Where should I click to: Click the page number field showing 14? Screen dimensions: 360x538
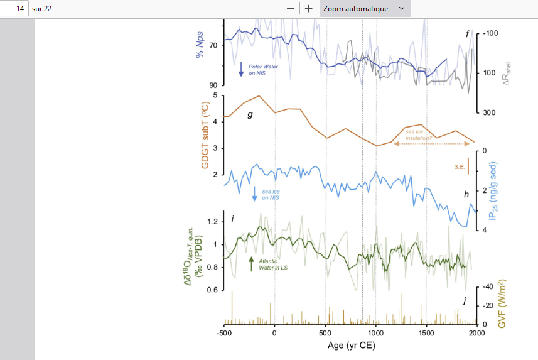(x=14, y=8)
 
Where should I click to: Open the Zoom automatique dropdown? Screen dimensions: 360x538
(x=365, y=8)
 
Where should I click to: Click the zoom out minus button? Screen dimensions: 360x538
(x=291, y=8)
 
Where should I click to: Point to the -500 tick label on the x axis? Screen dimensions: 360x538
(x=224, y=332)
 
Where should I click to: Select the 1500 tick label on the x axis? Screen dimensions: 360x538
(x=426, y=332)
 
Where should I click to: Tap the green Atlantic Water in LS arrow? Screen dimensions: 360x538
(x=252, y=264)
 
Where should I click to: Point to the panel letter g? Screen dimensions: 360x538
(x=250, y=115)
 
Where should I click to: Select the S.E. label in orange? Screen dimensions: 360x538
(x=459, y=166)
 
